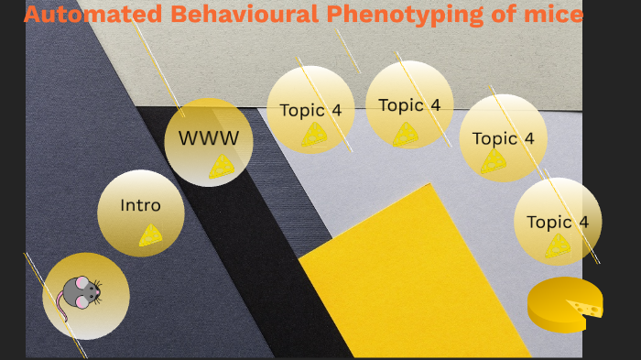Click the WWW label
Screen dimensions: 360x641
pos(208,138)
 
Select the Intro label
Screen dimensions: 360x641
pos(140,205)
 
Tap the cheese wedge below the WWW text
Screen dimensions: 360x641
pos(222,166)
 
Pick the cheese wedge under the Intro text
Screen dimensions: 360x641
pos(151,235)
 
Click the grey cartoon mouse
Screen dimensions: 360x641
pos(81,293)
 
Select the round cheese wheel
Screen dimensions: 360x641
pos(564,304)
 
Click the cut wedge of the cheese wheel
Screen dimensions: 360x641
pos(584,307)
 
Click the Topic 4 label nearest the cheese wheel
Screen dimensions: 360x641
pos(557,222)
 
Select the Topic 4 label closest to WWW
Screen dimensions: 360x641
pos(310,110)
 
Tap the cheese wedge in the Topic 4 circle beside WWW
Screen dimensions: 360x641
pos(315,135)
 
